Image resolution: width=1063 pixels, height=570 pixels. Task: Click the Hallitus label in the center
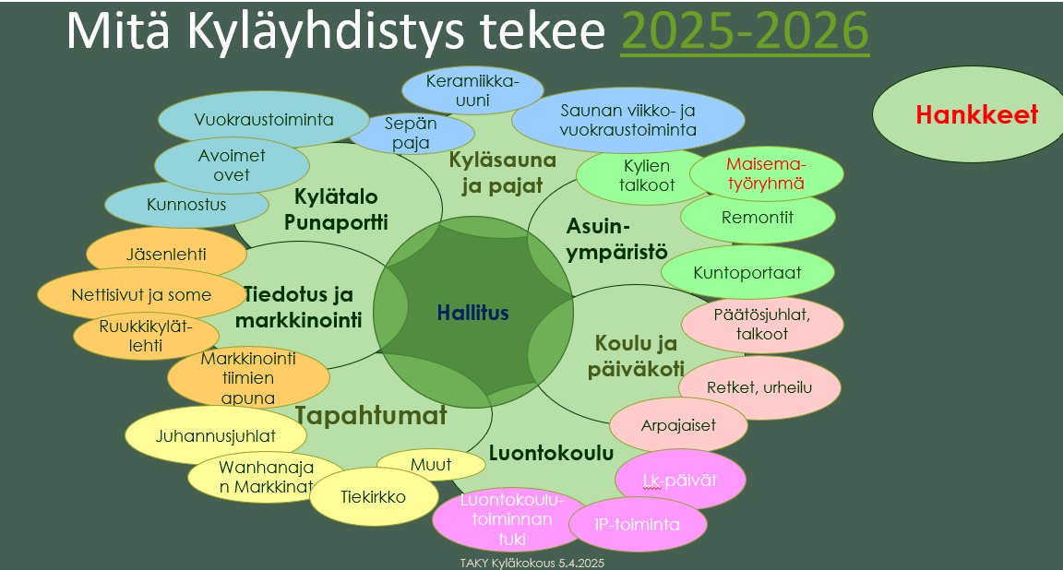(x=472, y=314)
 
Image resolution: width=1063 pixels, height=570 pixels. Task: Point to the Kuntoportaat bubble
(x=759, y=273)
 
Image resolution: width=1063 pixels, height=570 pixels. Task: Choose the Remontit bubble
(x=757, y=219)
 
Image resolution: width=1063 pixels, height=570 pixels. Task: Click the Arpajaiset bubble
(x=678, y=425)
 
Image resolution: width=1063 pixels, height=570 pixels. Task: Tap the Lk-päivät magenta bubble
(x=679, y=480)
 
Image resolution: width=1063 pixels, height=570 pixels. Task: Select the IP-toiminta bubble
(x=637, y=524)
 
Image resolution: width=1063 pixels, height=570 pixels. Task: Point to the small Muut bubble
(x=431, y=465)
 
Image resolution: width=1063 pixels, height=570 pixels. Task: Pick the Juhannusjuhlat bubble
(x=216, y=436)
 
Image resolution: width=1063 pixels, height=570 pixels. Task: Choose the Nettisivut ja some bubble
(x=141, y=295)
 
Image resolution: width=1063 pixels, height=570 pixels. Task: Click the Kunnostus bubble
(x=186, y=205)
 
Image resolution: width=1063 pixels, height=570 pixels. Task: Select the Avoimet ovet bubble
(x=231, y=165)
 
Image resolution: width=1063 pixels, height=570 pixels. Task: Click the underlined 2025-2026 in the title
(x=744, y=32)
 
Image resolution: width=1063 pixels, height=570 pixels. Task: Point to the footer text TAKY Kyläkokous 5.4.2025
(x=531, y=562)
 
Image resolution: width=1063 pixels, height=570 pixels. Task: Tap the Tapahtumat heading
(x=371, y=415)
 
